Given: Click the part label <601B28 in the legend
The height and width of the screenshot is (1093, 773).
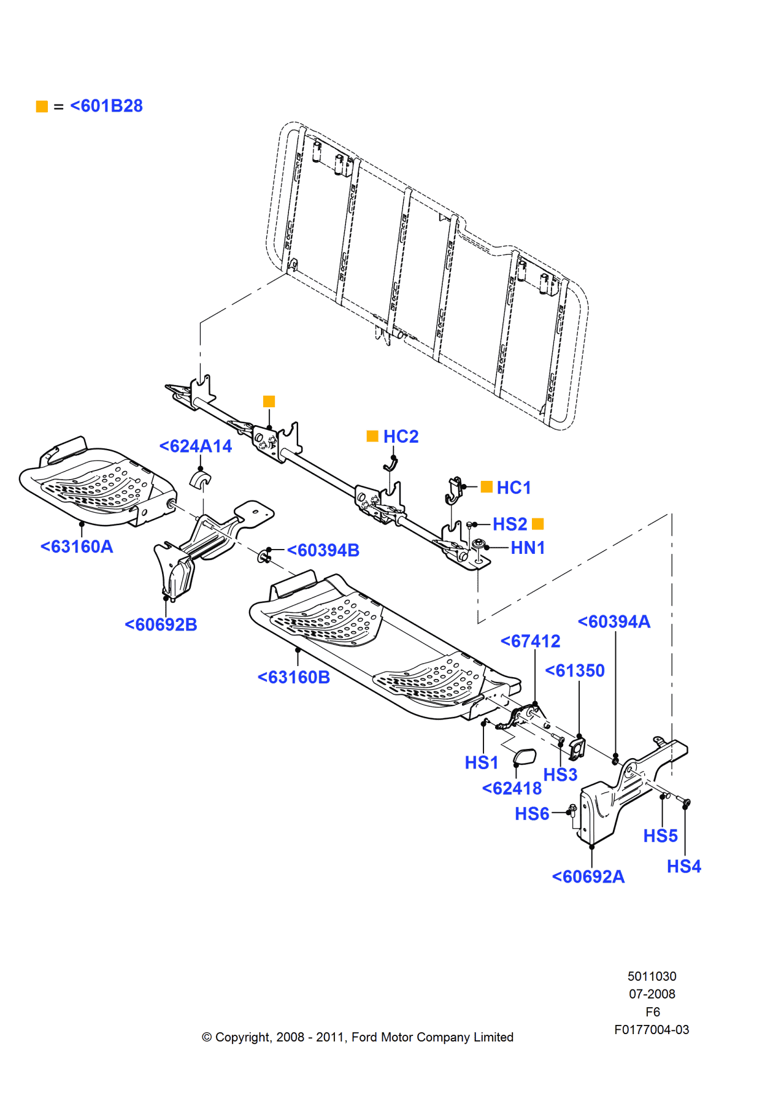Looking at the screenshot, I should pos(106,106).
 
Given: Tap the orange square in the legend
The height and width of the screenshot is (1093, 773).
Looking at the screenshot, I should pos(42,107).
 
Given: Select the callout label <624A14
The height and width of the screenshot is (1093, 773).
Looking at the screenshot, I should pos(195,446).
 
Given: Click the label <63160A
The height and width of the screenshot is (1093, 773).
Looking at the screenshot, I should pos(77,546).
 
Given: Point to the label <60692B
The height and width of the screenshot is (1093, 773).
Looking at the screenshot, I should pos(161,624).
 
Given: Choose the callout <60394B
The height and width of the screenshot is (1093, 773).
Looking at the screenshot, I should pos(323,550).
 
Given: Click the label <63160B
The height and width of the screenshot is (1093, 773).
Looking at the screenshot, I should pos(293,677).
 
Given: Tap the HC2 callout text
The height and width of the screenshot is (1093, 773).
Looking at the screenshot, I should pos(401,437).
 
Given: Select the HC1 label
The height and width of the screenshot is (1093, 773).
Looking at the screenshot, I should pos(513,488).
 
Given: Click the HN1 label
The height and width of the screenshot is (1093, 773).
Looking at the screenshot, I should pos(528,548).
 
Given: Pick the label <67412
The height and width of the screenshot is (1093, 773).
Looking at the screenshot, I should pos(530,641).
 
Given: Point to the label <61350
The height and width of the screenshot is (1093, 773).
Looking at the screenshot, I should pos(574,670).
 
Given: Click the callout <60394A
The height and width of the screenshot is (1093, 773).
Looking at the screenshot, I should pos(613,621).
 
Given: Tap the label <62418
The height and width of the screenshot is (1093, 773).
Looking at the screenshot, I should pos(512,788).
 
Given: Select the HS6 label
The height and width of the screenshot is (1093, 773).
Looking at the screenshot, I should pos(532,814).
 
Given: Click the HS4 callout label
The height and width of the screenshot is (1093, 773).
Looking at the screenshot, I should pos(683,866).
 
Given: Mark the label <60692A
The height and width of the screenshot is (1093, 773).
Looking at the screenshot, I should pos(588,876).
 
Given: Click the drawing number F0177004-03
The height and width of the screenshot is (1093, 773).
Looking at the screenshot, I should pos(652,1030).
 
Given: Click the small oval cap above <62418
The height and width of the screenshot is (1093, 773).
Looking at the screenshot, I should pos(525,757).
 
